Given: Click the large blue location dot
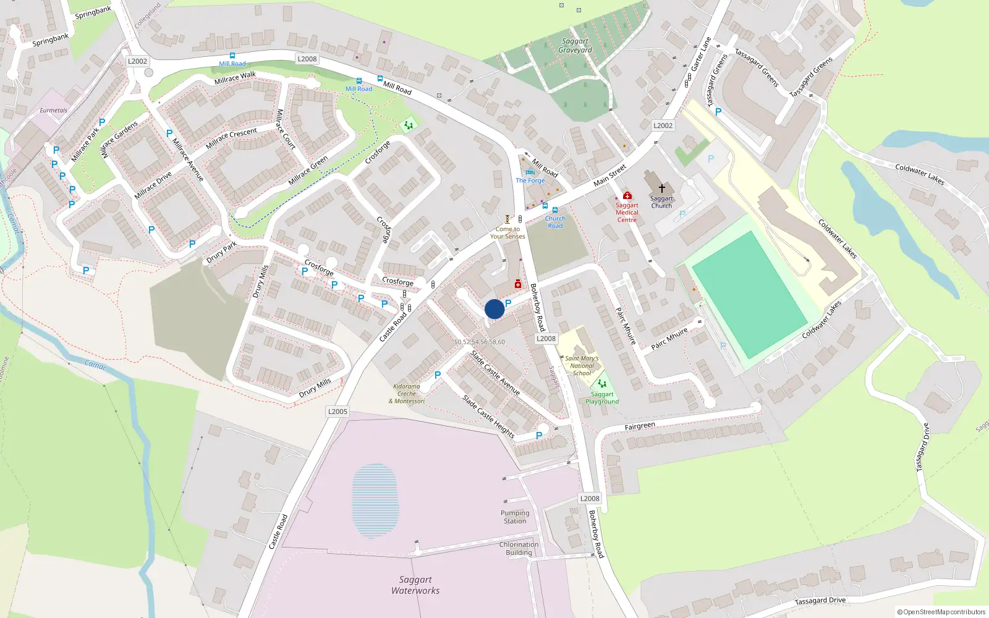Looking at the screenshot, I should [x=494, y=309].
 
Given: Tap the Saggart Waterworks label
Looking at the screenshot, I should [x=415, y=585].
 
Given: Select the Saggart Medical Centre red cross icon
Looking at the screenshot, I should [x=627, y=196].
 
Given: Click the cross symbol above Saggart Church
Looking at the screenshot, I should [x=661, y=188].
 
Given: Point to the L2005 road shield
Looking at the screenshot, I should [x=337, y=412].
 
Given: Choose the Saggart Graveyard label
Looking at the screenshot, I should [x=575, y=46].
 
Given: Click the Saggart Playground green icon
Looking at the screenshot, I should [x=601, y=384].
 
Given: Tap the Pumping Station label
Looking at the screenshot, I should [x=515, y=517].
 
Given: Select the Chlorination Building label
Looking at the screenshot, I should [x=519, y=549].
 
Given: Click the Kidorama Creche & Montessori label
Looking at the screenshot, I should [x=407, y=394].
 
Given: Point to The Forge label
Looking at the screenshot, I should [x=530, y=180].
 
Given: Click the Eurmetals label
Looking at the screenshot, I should [x=54, y=111].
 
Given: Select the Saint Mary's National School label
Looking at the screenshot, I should [x=582, y=366].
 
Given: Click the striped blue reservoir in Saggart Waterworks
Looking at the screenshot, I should [x=375, y=501].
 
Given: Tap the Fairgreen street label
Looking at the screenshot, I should [x=640, y=426].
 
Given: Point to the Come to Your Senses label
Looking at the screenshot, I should [x=507, y=232].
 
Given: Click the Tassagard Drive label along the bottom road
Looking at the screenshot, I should [x=820, y=600].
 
